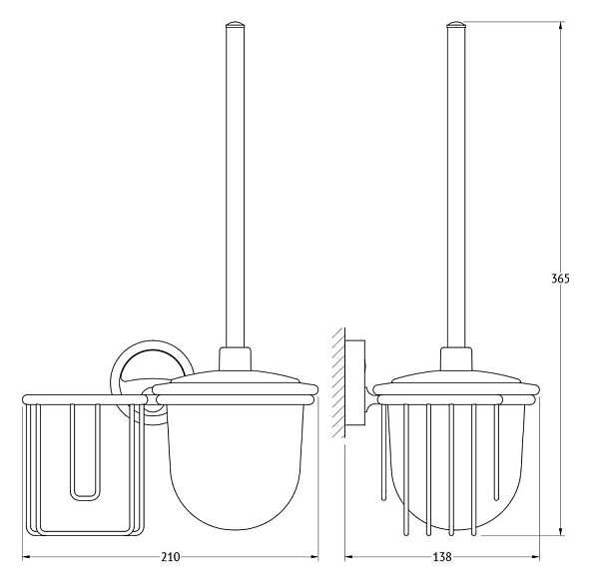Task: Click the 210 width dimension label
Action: pyautogui.click(x=170, y=557)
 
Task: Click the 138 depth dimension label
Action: pyautogui.click(x=442, y=557)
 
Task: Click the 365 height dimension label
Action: pyautogui.click(x=560, y=279)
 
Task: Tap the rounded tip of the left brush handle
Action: pyautogui.click(x=235, y=25)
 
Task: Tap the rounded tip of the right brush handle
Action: pyautogui.click(x=456, y=25)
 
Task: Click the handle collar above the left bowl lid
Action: pyautogui.click(x=235, y=358)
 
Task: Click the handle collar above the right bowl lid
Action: pyautogui.click(x=456, y=358)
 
